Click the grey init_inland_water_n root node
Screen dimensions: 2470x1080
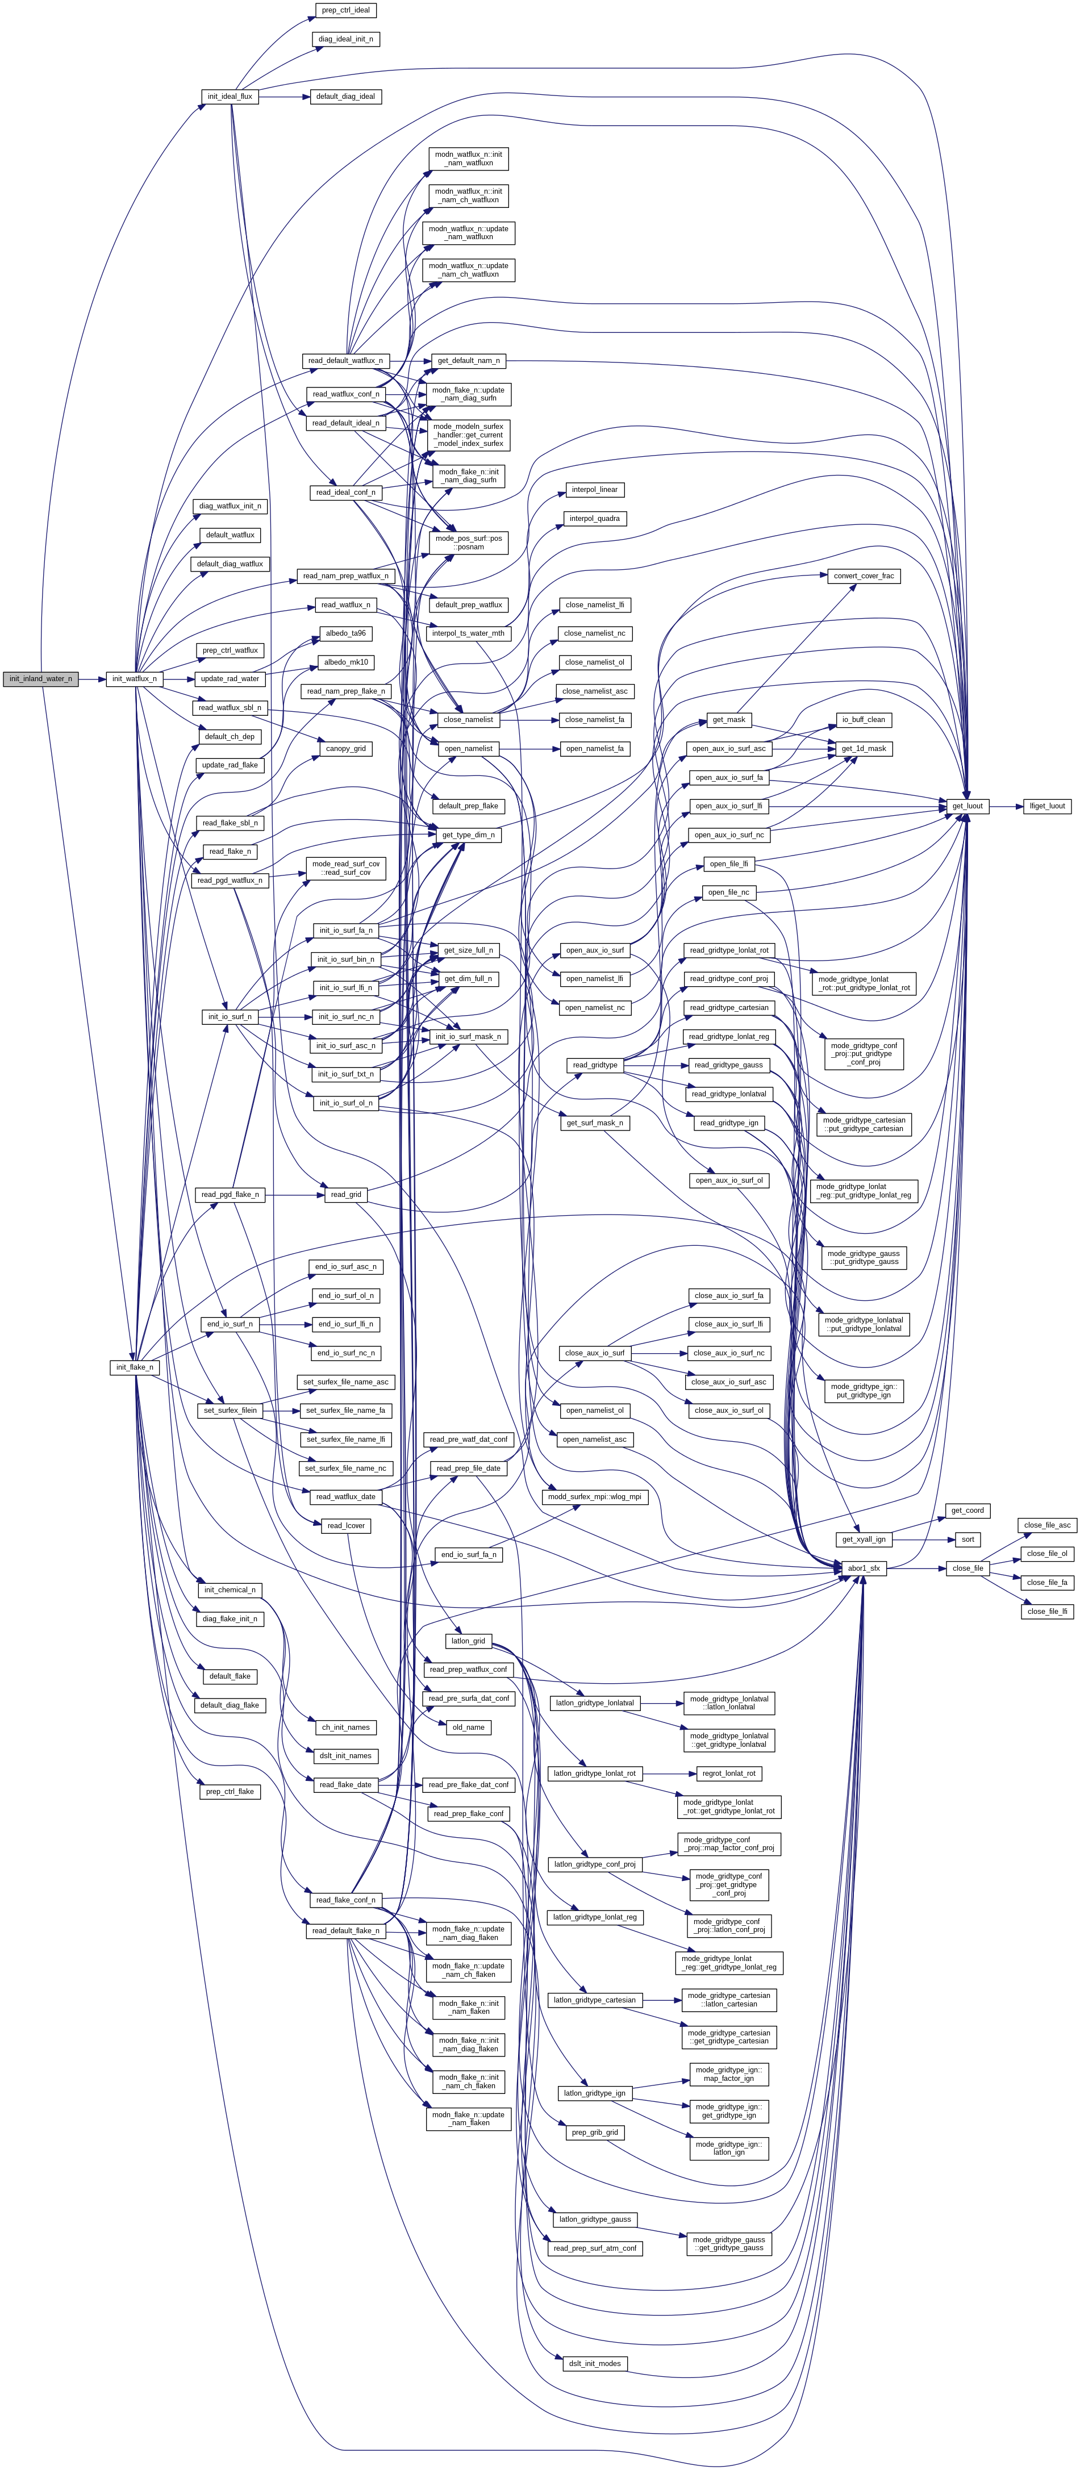[40, 679]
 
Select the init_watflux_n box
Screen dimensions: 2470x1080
[134, 679]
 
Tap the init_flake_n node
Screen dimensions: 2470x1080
[134, 1367]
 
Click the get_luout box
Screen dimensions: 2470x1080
[967, 807]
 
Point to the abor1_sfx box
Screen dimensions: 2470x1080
[863, 1568]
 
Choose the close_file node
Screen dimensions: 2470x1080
[967, 1568]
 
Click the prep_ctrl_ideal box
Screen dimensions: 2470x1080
[345, 11]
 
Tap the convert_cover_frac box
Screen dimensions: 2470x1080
[863, 576]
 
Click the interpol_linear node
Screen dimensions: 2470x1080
[595, 490]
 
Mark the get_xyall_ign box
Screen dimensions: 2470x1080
[863, 1540]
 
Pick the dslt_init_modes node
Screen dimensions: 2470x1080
[595, 2364]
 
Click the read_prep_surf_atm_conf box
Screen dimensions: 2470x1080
[595, 2248]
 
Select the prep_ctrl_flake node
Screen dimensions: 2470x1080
[230, 1791]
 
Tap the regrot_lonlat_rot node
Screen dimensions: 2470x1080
[729, 1774]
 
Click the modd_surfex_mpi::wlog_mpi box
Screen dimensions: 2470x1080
[595, 1497]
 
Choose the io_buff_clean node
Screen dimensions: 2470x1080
[863, 720]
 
